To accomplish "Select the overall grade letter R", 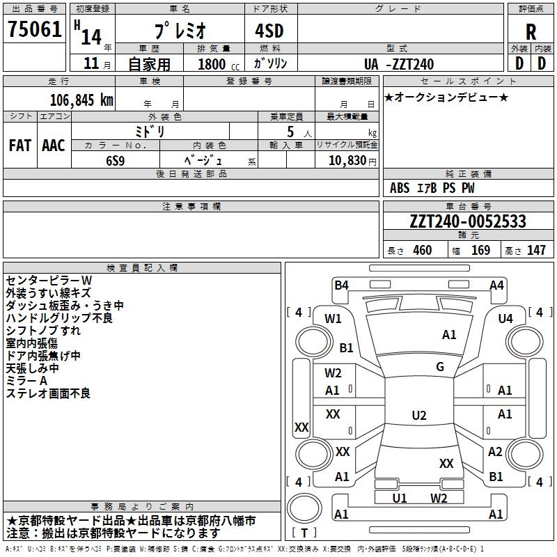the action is [x=531, y=31].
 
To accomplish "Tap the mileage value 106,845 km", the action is [x=81, y=100].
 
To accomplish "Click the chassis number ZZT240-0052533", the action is [x=468, y=221].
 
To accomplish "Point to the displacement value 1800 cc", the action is [x=216, y=65].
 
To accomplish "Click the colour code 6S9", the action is [x=115, y=159].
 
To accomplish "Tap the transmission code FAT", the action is [x=20, y=146].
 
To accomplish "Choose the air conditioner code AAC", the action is [x=54, y=146].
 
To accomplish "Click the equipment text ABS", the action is [x=400, y=188].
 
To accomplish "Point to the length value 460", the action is [x=422, y=251].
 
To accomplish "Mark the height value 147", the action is [x=536, y=251].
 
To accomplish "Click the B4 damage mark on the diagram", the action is [x=341, y=285].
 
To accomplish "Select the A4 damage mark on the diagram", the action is [x=496, y=285].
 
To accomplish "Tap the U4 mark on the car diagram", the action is [x=505, y=318].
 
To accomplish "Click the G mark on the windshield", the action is [x=440, y=367].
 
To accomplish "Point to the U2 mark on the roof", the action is [x=419, y=416].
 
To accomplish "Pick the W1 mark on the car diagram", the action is [x=334, y=319].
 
